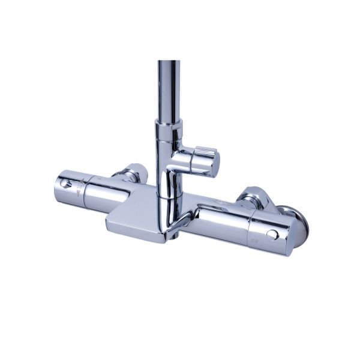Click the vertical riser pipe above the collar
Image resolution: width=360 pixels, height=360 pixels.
[x=169, y=90]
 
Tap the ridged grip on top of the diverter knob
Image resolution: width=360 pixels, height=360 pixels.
[x=201, y=149]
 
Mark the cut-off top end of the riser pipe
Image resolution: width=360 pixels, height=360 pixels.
[x=169, y=62]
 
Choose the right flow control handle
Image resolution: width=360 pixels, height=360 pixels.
[x=240, y=228]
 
